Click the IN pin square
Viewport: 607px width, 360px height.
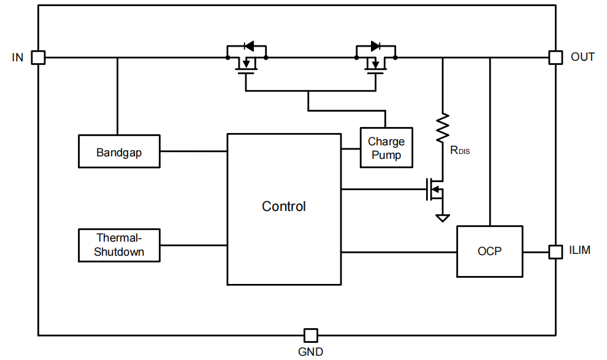pos(38,58)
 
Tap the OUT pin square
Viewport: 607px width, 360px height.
pos(555,58)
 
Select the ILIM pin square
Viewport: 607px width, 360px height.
pos(555,252)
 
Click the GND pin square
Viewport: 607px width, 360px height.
pos(311,335)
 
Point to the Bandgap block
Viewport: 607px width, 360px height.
pos(119,151)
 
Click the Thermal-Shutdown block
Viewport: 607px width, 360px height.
pos(119,245)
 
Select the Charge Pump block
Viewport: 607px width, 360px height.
pos(386,148)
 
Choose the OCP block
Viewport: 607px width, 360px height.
pos(489,251)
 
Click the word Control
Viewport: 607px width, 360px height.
pos(284,207)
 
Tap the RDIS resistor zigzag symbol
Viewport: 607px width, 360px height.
pos(443,128)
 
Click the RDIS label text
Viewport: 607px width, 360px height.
pos(460,150)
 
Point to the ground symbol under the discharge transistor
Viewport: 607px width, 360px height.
pos(442,218)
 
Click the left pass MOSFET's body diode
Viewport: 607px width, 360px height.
pos(248,45)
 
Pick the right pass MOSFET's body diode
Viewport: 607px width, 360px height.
pos(375,45)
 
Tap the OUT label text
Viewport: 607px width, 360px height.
pos(582,57)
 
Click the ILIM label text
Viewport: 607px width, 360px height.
pos(580,250)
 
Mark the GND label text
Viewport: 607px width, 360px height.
pos(311,351)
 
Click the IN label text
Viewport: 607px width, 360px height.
pos(18,58)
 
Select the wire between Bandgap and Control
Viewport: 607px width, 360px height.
pos(193,151)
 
